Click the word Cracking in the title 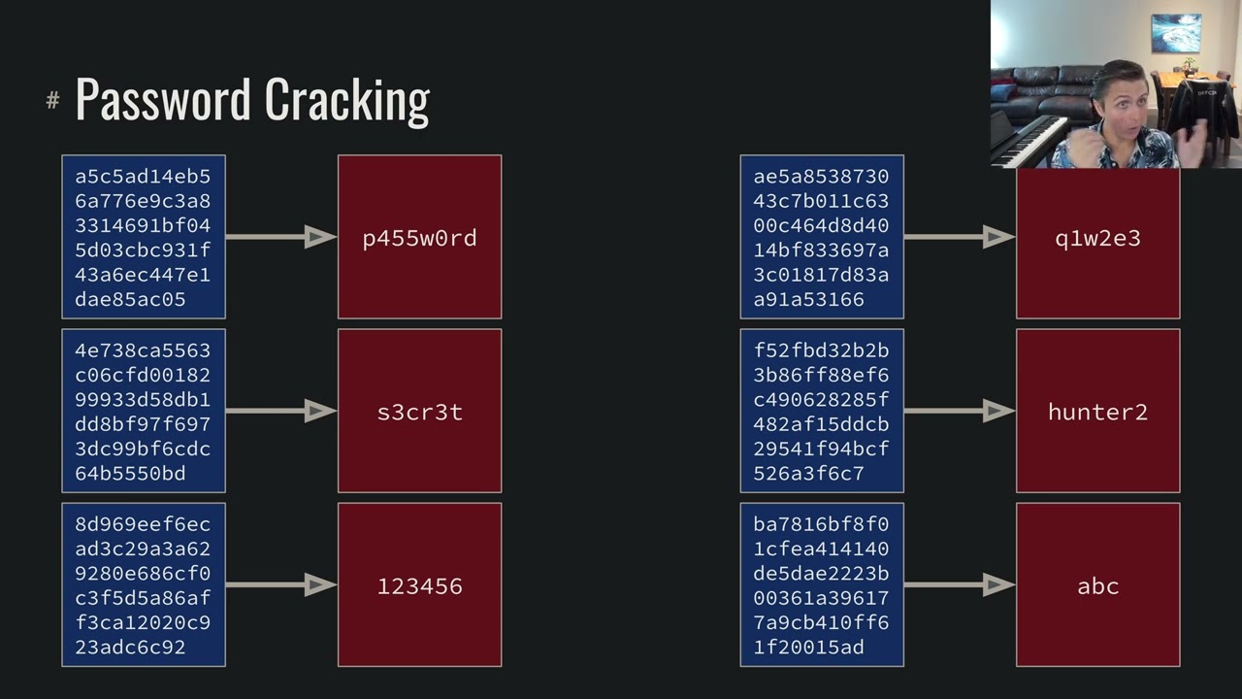click(346, 100)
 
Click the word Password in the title click(164, 99)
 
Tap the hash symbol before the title click(52, 100)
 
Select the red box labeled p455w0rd click(419, 237)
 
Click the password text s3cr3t click(419, 412)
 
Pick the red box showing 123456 click(419, 585)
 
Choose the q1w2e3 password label click(1097, 239)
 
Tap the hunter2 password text click(1097, 412)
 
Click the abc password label click(1097, 586)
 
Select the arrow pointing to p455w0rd click(281, 237)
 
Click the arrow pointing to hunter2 click(960, 411)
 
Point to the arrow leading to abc click(960, 584)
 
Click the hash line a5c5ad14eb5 click(143, 177)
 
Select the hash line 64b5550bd click(130, 474)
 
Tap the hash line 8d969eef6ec click(143, 524)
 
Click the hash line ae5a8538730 click(821, 177)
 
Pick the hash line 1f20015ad click(808, 648)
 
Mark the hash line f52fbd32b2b click(821, 350)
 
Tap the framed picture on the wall click(1175, 33)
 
